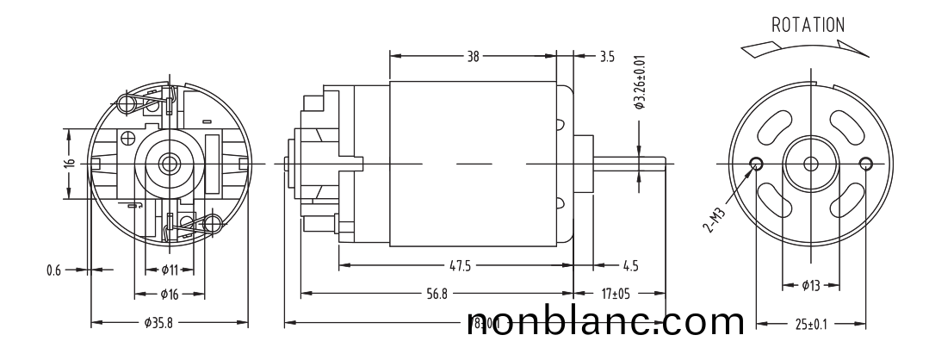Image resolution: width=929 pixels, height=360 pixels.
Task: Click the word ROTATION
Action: [x=808, y=25]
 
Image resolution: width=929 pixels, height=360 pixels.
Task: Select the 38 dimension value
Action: [x=473, y=57]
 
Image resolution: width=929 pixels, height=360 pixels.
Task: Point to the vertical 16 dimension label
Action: [x=70, y=164]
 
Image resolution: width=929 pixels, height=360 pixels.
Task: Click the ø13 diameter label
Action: [x=810, y=285]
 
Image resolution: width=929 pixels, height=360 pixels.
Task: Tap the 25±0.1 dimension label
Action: [x=811, y=325]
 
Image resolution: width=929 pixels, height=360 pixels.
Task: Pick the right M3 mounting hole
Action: [x=865, y=163]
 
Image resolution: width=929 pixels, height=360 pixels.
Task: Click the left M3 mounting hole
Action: [x=757, y=163]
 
